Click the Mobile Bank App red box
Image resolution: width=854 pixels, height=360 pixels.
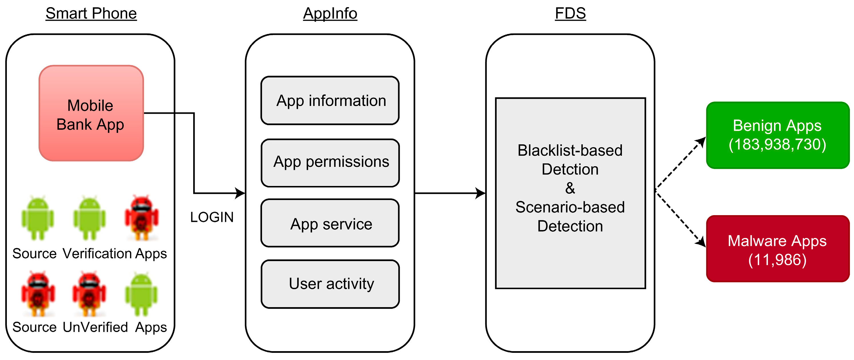[x=91, y=113]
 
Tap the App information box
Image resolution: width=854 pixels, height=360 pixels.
[x=330, y=101]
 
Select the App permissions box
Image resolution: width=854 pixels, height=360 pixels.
[x=330, y=163]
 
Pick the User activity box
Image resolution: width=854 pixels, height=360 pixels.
[x=330, y=284]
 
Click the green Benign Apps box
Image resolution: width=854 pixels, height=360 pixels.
[x=777, y=135]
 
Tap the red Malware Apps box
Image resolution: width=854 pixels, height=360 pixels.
[x=777, y=249]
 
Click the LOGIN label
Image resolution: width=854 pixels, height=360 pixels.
[x=212, y=217]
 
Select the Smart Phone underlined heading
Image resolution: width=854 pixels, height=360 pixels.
[x=91, y=14]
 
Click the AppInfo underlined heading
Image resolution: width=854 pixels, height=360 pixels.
[x=330, y=14]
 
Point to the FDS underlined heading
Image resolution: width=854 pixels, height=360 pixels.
[x=570, y=14]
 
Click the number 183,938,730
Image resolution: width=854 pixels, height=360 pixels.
[x=777, y=145]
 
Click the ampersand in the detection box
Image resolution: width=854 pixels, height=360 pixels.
[x=570, y=188]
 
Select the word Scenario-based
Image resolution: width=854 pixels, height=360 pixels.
[x=570, y=207]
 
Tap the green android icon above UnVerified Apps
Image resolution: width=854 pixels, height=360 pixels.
[x=141, y=294]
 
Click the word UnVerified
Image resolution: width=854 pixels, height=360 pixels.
[x=95, y=327]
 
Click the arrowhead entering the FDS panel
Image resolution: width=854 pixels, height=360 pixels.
[x=481, y=193]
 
